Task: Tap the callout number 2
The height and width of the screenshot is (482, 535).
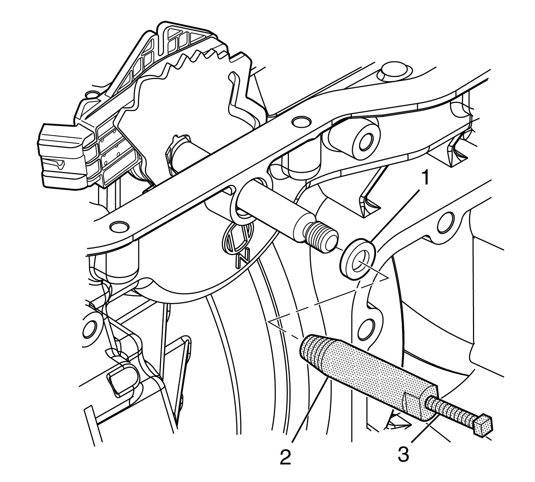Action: [285, 456]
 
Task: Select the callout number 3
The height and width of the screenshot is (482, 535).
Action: [403, 454]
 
